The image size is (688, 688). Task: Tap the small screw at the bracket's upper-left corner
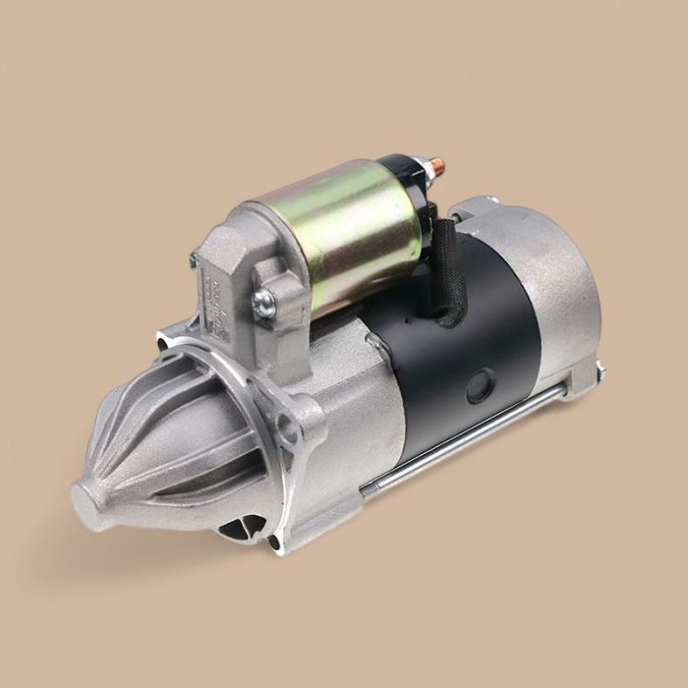pos(194,260)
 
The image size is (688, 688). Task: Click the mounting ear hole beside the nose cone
pos(286,428)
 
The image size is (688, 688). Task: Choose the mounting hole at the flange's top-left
pos(163,343)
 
